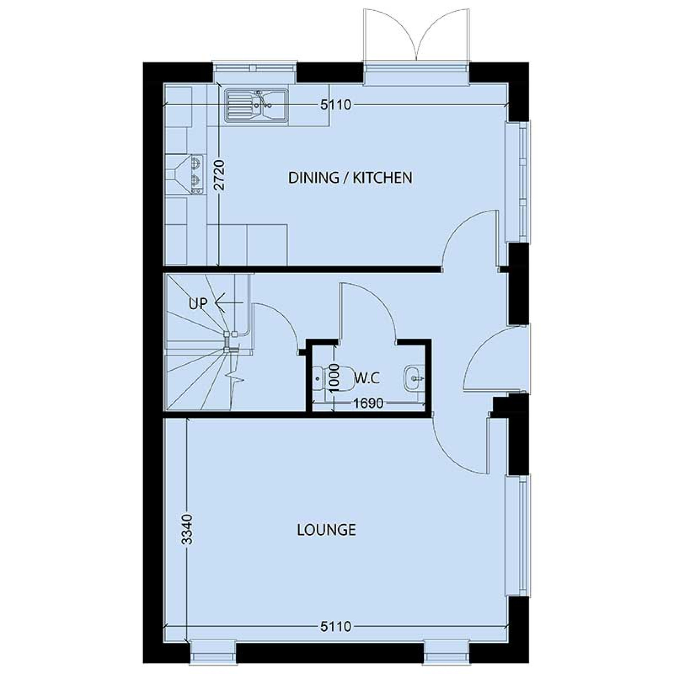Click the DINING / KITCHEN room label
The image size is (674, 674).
tap(350, 178)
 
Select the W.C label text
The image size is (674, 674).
tap(367, 379)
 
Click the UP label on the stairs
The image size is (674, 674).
tap(198, 304)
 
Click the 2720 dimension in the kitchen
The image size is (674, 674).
tap(219, 175)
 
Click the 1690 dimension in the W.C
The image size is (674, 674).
tap(368, 403)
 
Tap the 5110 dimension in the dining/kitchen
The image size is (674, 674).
tap(336, 105)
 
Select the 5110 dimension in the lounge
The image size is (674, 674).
tap(336, 626)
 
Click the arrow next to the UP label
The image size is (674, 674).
tap(228, 303)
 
